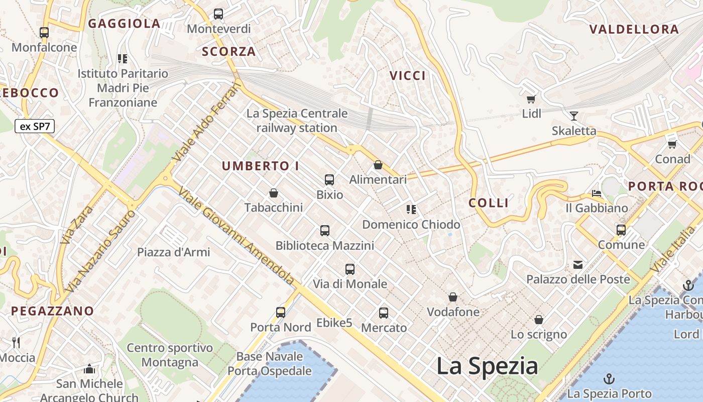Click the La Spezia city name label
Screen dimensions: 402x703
coord(487,366)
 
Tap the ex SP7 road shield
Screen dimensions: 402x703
coord(35,126)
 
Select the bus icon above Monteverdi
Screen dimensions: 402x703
coord(218,14)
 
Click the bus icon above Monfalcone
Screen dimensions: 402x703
coord(44,33)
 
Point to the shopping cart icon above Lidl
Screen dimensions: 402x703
coord(531,99)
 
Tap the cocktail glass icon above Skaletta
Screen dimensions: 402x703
coord(574,116)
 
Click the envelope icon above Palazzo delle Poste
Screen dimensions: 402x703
coord(578,264)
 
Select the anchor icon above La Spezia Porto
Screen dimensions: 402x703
coord(609,378)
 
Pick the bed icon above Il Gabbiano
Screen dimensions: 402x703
coord(597,193)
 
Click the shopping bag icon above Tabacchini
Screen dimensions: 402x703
coord(274,193)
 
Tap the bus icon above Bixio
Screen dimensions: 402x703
coord(329,180)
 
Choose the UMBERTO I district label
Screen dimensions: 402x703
coord(261,166)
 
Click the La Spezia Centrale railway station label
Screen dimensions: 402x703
coord(297,121)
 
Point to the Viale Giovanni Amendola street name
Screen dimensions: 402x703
coord(236,237)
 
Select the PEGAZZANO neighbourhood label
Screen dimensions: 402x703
coord(53,311)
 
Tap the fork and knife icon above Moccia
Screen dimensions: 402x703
coord(16,343)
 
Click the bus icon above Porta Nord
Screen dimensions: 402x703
coord(281,313)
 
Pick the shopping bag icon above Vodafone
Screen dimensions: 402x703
coord(453,297)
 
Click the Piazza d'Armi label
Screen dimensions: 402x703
coord(174,252)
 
